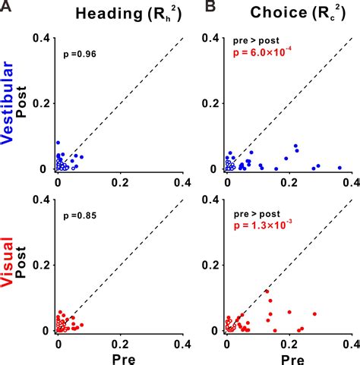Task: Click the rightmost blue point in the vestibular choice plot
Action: pyautogui.click(x=339, y=168)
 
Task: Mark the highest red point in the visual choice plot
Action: pyautogui.click(x=267, y=291)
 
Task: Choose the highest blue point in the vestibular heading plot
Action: pyautogui.click(x=58, y=143)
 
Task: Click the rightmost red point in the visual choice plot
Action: pyautogui.click(x=314, y=313)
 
